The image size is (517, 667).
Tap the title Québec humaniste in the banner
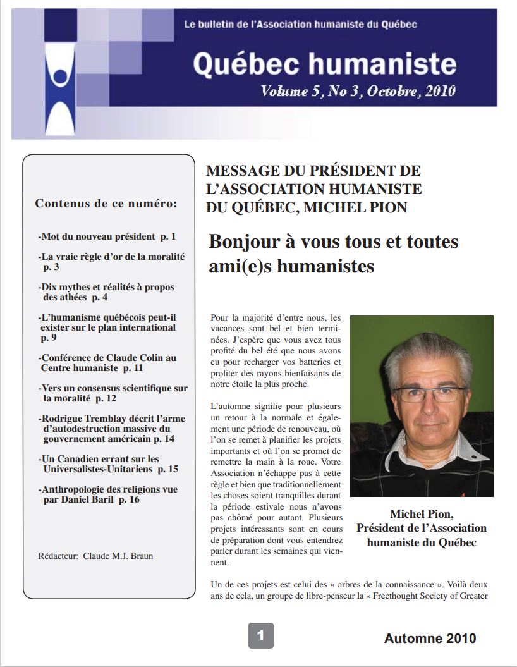click(324, 64)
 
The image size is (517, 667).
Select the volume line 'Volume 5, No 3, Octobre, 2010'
click(358, 91)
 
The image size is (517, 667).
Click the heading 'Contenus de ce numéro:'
click(106, 204)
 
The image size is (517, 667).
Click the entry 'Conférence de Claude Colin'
click(107, 362)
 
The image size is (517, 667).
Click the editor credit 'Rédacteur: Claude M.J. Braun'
click(96, 556)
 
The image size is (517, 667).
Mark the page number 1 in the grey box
click(260, 635)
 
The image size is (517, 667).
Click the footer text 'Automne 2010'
click(430, 639)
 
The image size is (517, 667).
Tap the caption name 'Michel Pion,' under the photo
click(422, 513)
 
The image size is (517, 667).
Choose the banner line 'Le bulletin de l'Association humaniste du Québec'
click(300, 25)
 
